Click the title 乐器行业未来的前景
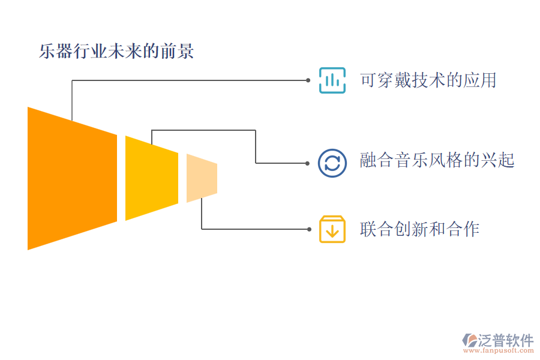coord(116,51)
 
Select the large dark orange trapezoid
coord(72,178)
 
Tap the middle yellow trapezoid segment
coord(151,178)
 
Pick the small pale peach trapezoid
coord(201,178)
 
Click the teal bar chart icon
coord(332,80)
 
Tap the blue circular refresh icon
coord(332,163)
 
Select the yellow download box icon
coord(332,229)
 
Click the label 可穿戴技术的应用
coord(428,80)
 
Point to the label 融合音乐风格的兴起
coord(437,160)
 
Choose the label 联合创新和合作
coord(419,229)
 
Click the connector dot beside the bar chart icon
coord(308,80)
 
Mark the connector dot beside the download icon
coord(308,229)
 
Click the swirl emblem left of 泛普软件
coord(468,341)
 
